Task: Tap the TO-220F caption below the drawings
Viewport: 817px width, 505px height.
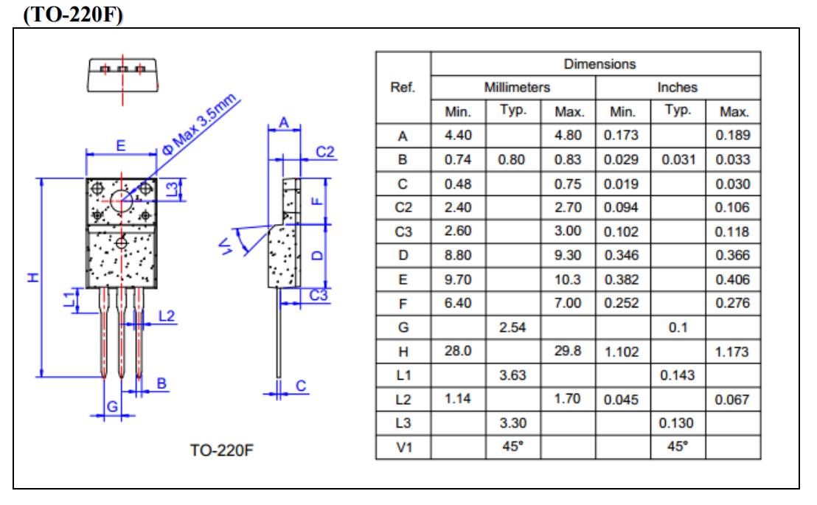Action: coord(221,450)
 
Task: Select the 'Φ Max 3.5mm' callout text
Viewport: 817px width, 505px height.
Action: coord(199,124)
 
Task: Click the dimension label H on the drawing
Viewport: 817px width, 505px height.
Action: coord(33,276)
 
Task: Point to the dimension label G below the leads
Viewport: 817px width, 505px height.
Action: coord(112,406)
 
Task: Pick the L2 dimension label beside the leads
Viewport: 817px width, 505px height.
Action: coord(166,316)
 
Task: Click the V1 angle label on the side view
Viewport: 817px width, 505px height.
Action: coord(225,246)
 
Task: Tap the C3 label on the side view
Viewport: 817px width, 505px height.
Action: coord(319,296)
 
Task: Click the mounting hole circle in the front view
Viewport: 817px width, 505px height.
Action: coord(122,201)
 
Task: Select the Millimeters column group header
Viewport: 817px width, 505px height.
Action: coord(517,87)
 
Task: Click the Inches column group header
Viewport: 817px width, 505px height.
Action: coord(678,87)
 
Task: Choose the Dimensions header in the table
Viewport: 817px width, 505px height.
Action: coord(599,64)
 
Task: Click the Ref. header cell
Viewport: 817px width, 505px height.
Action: coord(403,87)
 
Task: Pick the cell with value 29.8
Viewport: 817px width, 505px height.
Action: coord(568,351)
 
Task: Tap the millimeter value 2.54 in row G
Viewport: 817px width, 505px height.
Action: coord(512,327)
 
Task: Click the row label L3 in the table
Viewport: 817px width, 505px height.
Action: coord(403,422)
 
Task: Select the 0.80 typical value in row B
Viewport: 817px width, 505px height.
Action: coord(511,159)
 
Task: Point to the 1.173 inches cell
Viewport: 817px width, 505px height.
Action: coord(731,352)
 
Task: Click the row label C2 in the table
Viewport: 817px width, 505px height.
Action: coord(403,207)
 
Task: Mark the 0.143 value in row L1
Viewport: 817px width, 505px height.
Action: coord(678,375)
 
